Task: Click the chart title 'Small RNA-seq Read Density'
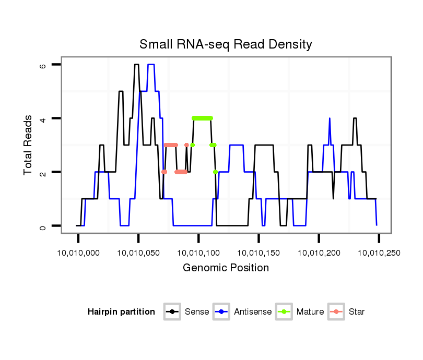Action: pyautogui.click(x=226, y=44)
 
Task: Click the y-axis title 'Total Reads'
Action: pyautogui.click(x=29, y=145)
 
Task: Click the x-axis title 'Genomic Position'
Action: pyautogui.click(x=226, y=268)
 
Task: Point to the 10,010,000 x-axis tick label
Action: pyautogui.click(x=78, y=253)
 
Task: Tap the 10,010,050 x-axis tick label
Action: pyautogui.click(x=138, y=253)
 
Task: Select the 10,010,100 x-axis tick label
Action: pyautogui.click(x=198, y=253)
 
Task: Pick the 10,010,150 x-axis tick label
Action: pyautogui.click(x=259, y=253)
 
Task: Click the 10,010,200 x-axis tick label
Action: pyautogui.click(x=319, y=253)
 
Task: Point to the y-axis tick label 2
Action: pyautogui.click(x=43, y=172)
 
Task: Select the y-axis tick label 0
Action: pyautogui.click(x=43, y=226)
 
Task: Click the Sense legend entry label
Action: pyautogui.click(x=197, y=312)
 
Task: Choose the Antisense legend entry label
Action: pyautogui.click(x=253, y=312)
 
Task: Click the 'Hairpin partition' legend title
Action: pyautogui.click(x=122, y=312)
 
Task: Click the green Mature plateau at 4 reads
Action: pyautogui.click(x=202, y=118)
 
